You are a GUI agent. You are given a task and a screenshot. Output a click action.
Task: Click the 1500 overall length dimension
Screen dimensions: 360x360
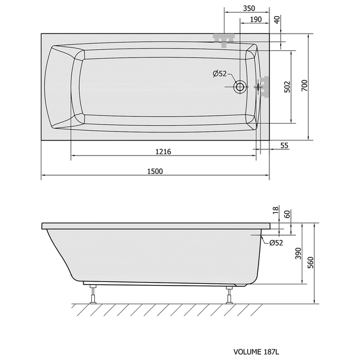155,171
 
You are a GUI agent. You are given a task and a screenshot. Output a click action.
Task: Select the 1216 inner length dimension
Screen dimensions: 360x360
163,152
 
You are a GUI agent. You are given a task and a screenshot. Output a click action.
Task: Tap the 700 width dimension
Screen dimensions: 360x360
304,85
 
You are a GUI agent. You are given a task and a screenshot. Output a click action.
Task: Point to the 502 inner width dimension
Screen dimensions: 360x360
287,87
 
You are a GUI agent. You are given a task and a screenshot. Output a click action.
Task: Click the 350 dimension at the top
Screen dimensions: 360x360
249,8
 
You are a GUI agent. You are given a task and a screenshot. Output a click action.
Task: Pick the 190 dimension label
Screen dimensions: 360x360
256,20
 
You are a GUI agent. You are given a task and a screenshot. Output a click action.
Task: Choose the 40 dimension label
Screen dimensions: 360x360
277,20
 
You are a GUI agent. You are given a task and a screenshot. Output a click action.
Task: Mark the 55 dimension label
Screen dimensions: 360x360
284,146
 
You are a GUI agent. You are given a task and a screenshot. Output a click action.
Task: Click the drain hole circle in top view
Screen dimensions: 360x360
240,87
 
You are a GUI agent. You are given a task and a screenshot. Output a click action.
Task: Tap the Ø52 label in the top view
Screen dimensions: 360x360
220,74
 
